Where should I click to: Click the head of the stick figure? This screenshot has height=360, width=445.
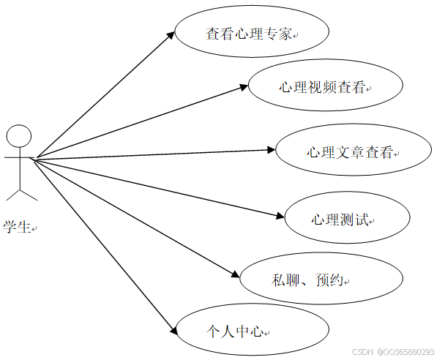coord(19,137)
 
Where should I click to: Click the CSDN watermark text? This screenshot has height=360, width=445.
coord(363,352)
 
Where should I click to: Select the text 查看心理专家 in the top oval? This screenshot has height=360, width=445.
coord(250,33)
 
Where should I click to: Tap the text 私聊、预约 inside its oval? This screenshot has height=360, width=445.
coord(307,280)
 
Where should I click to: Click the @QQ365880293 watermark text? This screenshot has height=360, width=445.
coord(405,352)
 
